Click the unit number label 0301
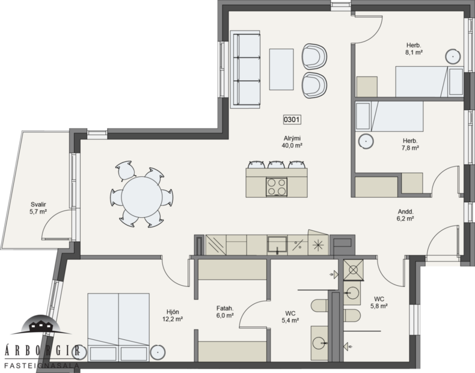(291, 120)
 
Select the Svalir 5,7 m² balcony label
(38, 208)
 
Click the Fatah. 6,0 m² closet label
(224, 312)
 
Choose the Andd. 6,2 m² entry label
(405, 215)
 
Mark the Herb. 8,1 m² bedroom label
(413, 49)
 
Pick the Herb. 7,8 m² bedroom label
(411, 144)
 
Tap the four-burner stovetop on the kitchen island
(278, 186)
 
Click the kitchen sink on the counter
(277, 245)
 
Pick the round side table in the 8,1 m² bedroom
(453, 57)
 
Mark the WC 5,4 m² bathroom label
(290, 316)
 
